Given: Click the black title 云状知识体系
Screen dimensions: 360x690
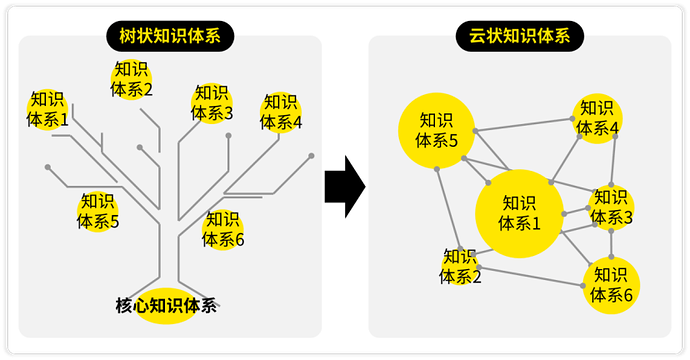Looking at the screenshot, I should (x=520, y=38).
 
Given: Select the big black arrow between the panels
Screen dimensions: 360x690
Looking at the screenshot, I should (x=344, y=186).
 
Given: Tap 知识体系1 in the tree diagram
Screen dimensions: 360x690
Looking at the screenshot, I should (x=47, y=109).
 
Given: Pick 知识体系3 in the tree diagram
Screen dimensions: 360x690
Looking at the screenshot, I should (x=212, y=103).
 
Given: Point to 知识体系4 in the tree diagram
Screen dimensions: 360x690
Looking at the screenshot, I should (x=281, y=112).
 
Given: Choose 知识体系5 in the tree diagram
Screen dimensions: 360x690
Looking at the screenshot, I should (x=98, y=211).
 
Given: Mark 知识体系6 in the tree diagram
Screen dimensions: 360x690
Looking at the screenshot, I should (x=223, y=229).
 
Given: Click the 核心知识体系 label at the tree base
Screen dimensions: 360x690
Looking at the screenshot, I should (x=165, y=306).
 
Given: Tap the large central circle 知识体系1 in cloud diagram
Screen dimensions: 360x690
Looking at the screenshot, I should (x=519, y=213).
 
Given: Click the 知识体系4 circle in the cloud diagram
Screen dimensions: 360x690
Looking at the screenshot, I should (x=597, y=117).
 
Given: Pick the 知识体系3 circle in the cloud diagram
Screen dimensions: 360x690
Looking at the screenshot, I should (x=610, y=206).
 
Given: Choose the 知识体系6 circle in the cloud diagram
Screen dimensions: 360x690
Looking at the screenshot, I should (x=611, y=284).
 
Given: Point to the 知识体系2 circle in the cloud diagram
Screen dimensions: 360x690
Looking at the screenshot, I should (x=460, y=266).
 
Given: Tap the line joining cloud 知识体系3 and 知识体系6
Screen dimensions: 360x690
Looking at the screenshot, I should (x=611, y=243).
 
